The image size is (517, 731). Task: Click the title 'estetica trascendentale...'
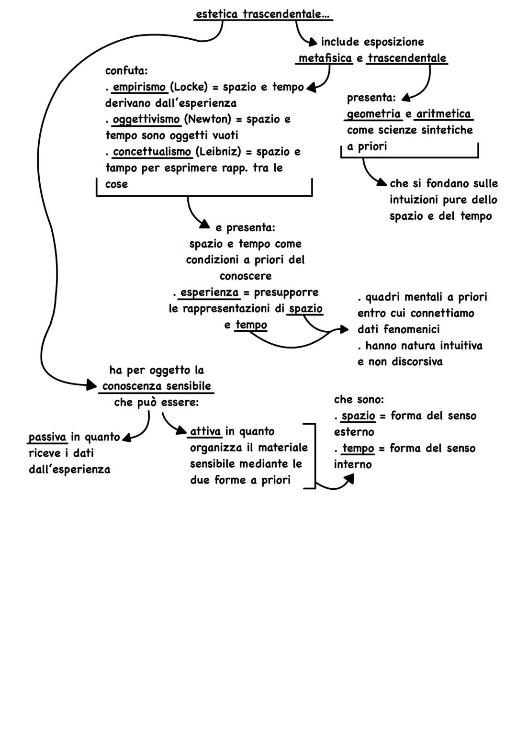263,14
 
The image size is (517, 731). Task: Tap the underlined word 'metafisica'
325,58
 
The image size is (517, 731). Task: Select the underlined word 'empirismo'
139,87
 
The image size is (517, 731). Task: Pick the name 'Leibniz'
218,152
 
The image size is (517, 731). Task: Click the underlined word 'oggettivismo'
146,119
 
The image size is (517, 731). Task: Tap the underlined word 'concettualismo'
152,152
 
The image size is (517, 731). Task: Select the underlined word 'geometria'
374,114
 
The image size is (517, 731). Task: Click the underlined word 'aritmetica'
443,114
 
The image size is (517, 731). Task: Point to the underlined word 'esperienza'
209,292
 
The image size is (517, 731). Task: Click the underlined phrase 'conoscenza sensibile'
157,386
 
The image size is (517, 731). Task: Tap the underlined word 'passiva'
47,437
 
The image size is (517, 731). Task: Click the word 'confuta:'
126,71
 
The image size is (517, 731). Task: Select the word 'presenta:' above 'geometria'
371,98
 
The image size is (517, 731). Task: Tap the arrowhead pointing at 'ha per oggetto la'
92,384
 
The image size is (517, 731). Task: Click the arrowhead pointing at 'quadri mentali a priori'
344,329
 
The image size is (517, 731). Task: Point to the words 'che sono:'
359,399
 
